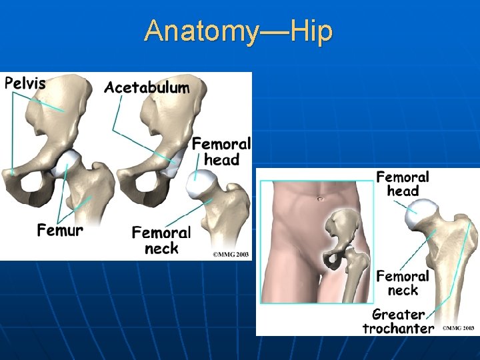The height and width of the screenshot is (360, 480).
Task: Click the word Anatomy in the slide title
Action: [x=194, y=31]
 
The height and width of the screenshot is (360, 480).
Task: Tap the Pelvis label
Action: [x=25, y=83]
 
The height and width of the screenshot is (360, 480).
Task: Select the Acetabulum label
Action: [x=147, y=87]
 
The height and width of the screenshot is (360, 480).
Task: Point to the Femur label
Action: [x=60, y=231]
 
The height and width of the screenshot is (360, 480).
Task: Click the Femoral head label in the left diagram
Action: [x=221, y=151]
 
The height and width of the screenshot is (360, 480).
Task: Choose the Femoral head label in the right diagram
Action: [x=403, y=183]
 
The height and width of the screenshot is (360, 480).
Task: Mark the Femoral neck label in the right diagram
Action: [x=402, y=283]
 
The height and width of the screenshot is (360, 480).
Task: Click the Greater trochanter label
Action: [x=398, y=321]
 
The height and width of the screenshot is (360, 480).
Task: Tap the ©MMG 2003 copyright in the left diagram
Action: [x=230, y=253]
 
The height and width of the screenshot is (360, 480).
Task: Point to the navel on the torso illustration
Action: [x=321, y=199]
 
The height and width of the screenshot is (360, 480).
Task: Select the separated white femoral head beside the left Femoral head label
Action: [x=201, y=181]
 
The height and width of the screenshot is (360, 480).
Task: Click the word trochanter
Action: [x=398, y=328]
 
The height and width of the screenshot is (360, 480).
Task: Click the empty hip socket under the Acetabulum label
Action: [x=173, y=162]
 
